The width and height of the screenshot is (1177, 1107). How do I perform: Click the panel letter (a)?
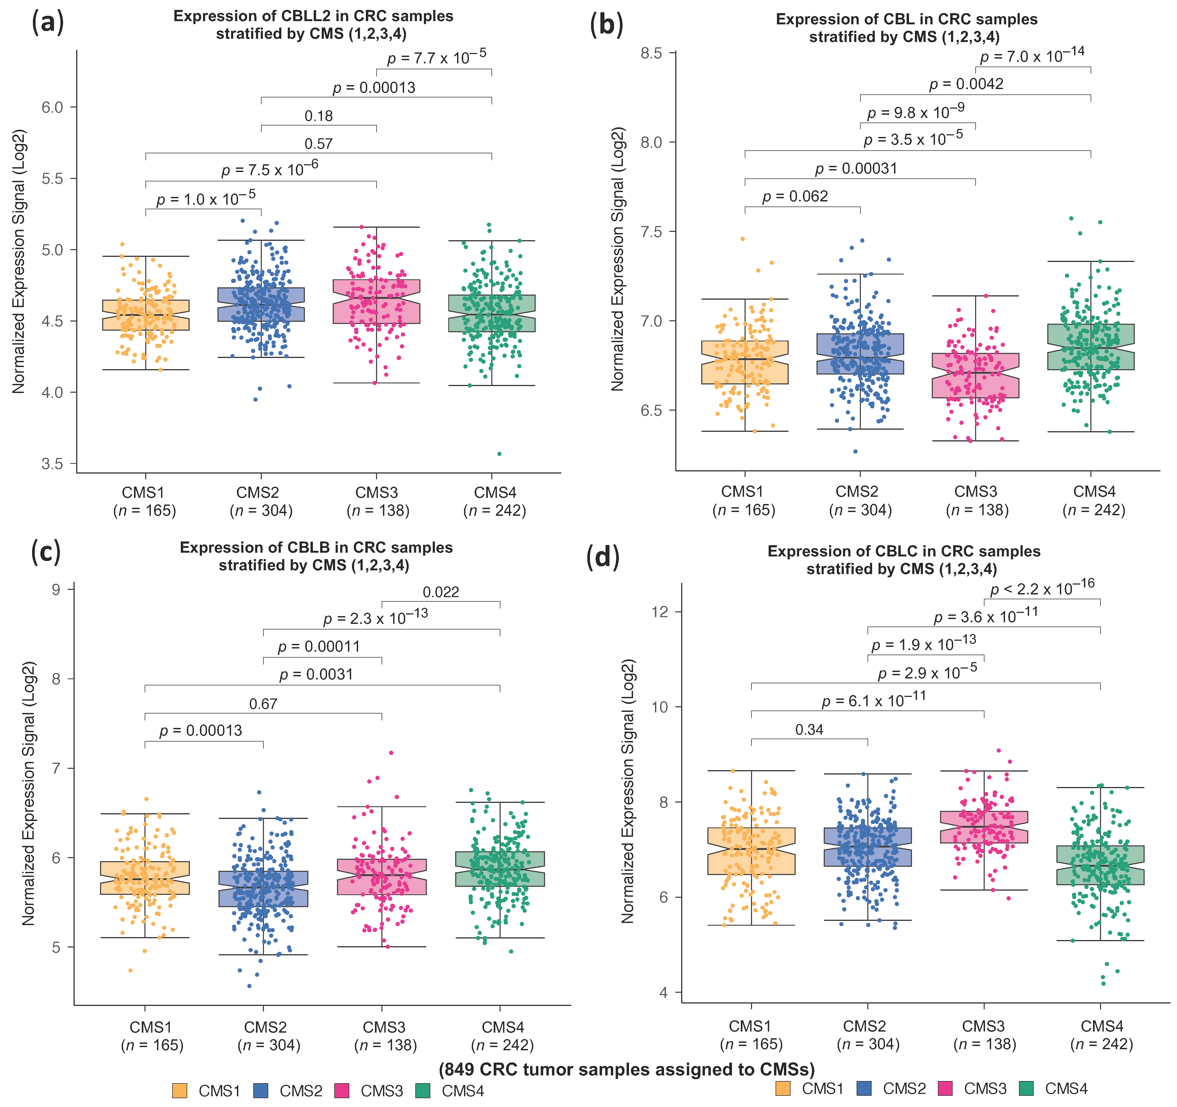click(47, 24)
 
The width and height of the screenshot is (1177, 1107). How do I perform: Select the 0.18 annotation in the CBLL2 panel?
click(319, 116)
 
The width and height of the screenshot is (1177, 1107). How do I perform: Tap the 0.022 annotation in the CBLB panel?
click(440, 592)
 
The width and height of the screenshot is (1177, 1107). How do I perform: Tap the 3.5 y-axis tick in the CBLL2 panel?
click(52, 464)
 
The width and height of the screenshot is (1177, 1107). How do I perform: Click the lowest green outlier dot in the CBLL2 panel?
click(499, 454)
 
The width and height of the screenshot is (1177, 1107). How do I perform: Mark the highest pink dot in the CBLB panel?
click(391, 753)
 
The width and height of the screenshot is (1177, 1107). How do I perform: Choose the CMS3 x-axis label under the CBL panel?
click(975, 492)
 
